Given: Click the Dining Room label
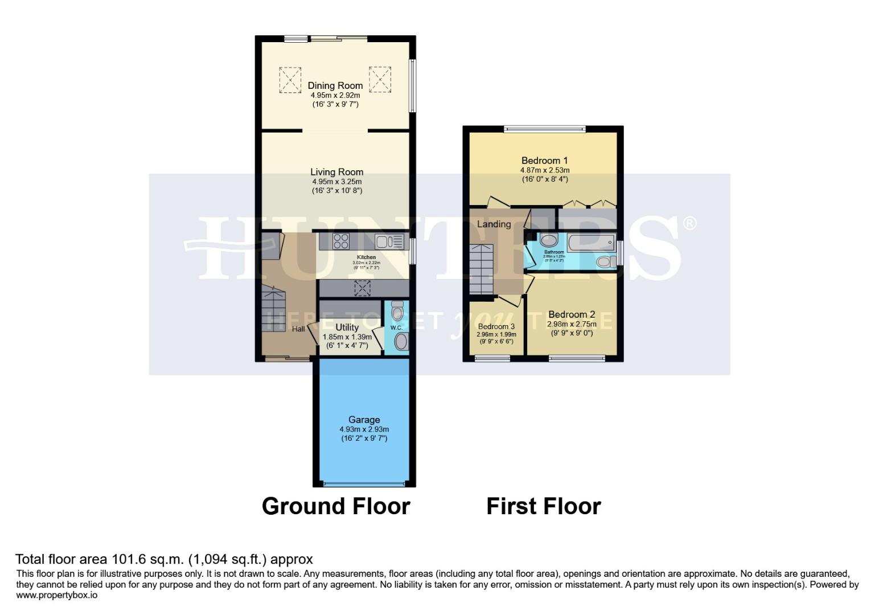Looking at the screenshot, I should coord(335,86).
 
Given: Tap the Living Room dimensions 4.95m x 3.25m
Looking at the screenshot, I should coord(336,182).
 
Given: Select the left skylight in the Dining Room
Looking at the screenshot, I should coord(290,80).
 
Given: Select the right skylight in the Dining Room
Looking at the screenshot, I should coord(380,79).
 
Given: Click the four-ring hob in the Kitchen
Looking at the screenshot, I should coord(340,241).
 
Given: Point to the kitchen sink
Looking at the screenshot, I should coord(389,241).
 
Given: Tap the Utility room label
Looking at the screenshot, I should coord(347,327).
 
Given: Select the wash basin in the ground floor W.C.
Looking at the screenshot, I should coord(401,342).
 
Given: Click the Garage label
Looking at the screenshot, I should coord(364,420).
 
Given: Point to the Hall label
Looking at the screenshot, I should coord(298,329).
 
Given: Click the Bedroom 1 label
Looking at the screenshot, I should coord(544,161).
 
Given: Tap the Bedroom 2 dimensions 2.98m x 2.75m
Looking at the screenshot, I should coord(571,324).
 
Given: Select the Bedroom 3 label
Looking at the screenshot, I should coord(496,327).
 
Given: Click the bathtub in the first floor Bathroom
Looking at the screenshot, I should coord(591,243).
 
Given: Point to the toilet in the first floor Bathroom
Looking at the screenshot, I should coord(605,261).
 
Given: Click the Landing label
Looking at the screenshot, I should coord(494,224).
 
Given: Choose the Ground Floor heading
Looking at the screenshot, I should coord(335,506).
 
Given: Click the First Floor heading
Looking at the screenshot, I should coord(543,506).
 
